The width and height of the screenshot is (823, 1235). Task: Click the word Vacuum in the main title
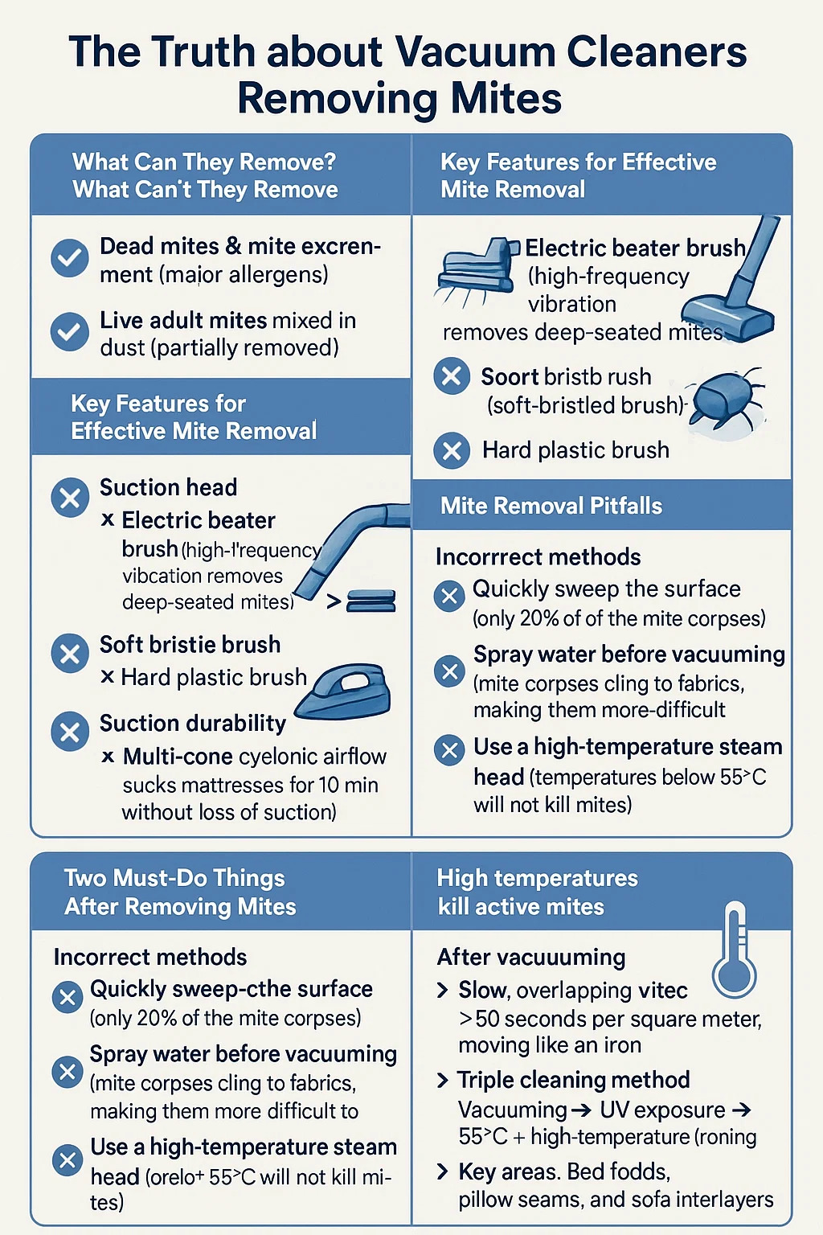(475, 51)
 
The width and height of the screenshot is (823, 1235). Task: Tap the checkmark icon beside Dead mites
(69, 257)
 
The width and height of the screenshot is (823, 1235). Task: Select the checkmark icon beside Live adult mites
(69, 331)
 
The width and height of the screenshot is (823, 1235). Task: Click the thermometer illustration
(734, 950)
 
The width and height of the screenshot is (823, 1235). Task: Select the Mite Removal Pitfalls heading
(551, 506)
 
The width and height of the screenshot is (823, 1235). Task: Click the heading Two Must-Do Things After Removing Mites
(180, 892)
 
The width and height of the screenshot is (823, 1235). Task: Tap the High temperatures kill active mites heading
(538, 892)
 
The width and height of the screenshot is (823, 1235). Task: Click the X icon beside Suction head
(70, 498)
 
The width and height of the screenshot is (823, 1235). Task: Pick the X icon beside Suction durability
(70, 732)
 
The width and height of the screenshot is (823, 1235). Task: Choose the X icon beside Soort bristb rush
(452, 376)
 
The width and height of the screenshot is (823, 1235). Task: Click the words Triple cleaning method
(573, 1080)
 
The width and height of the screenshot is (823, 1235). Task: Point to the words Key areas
(506, 1172)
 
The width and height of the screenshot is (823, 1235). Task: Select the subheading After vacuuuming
(531, 957)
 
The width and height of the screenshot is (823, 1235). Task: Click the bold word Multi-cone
(178, 757)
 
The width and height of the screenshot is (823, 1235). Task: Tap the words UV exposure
(662, 1110)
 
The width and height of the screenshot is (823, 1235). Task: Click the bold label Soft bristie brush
(190, 645)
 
